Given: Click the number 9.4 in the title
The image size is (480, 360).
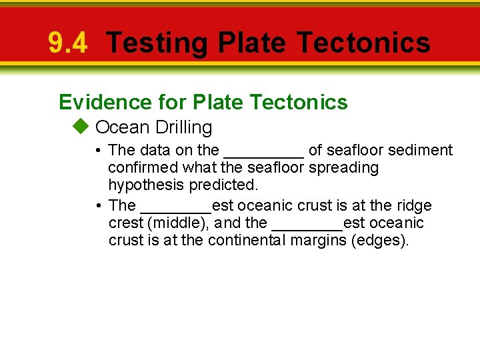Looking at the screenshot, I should point(67,43).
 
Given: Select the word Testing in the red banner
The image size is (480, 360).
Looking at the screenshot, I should point(157,43).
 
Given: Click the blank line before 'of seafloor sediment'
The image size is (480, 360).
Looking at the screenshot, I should point(264,151).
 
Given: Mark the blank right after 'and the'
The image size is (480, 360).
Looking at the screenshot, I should point(307,223).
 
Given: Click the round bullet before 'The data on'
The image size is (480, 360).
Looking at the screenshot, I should point(98,151).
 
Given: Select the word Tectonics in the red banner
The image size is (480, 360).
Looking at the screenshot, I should point(363,43).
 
